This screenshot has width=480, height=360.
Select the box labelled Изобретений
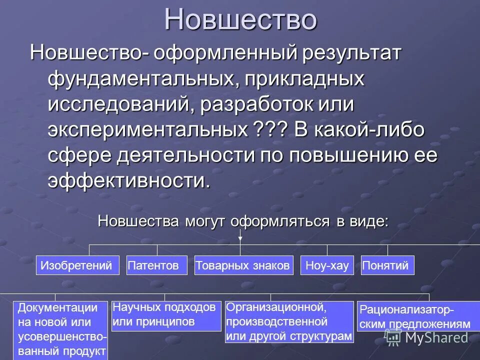pos(77,265)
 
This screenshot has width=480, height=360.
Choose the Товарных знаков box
pos(243,265)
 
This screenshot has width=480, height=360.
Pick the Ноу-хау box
pos(327,265)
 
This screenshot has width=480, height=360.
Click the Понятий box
pos(388,265)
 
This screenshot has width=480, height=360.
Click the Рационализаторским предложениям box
pos(414,316)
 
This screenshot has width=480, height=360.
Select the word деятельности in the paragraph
pos(185,155)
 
